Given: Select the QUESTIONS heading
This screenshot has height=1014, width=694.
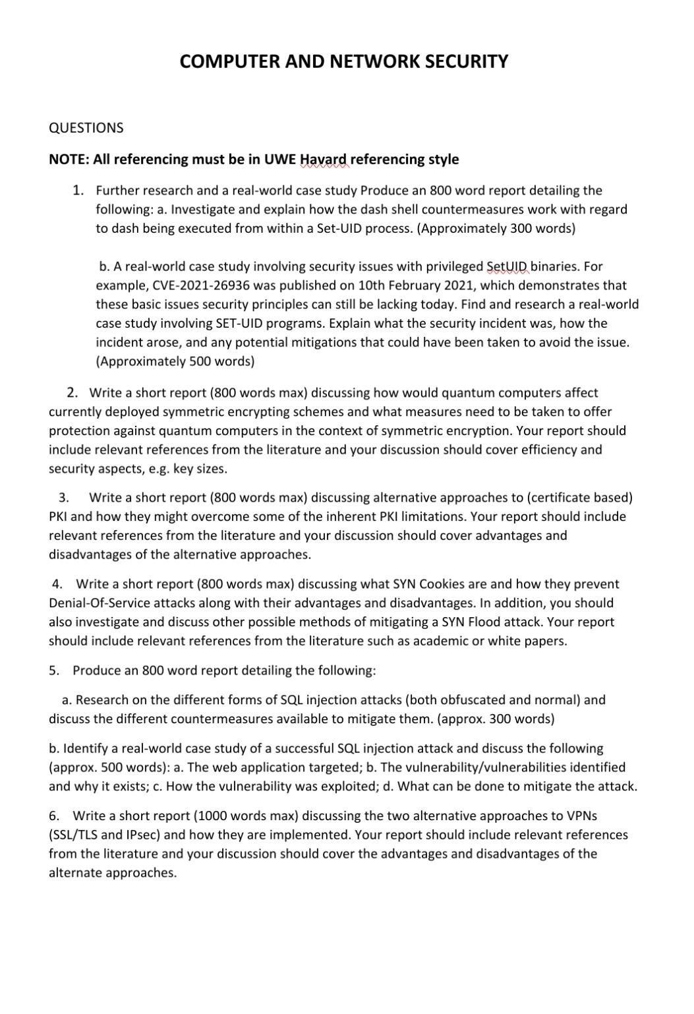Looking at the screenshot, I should pyautogui.click(x=86, y=128).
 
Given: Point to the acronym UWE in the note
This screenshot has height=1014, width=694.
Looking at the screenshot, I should pyautogui.click(x=280, y=160).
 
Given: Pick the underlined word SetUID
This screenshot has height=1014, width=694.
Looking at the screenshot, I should pyautogui.click(x=507, y=266).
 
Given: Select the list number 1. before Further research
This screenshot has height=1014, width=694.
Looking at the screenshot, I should pyautogui.click(x=78, y=191).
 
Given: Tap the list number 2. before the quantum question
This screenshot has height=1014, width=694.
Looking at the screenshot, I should pyautogui.click(x=72, y=393).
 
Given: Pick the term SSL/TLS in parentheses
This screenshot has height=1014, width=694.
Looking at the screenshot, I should pyautogui.click(x=77, y=835).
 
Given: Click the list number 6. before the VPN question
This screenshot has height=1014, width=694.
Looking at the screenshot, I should pyautogui.click(x=54, y=816).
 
